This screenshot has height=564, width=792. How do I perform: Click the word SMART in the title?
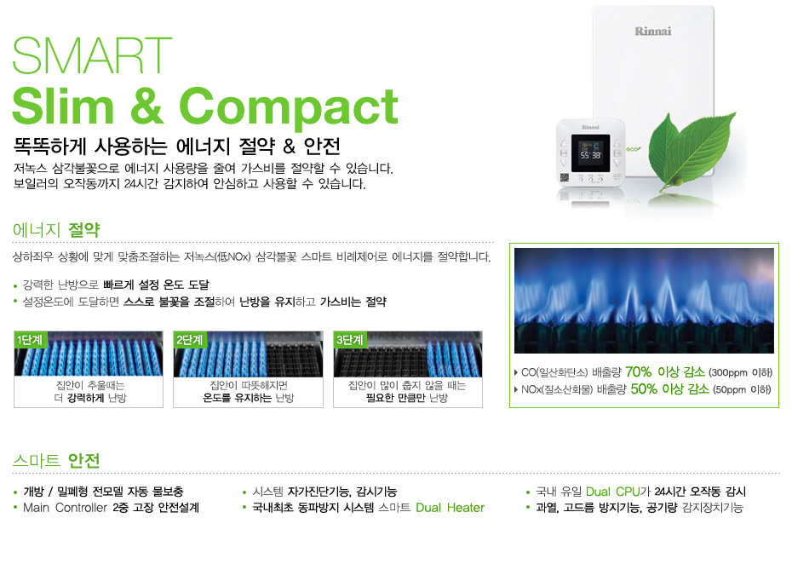pos(92,55)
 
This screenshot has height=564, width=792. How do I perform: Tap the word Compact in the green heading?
pos(289,106)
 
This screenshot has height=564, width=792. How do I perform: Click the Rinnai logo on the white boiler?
pos(652,32)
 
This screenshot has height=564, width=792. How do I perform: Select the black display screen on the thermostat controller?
pos(590,153)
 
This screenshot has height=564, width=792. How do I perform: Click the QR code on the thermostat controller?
pos(565,177)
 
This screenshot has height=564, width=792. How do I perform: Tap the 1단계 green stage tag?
pos(31,340)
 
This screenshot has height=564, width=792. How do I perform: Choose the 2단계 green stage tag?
pos(190,340)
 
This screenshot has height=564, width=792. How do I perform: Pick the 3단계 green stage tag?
pos(350,340)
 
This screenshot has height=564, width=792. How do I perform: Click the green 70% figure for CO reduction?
pos(639,372)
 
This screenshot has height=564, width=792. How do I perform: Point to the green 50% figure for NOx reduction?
pos(644,389)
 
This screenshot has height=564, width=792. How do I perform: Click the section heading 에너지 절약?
pos(56,230)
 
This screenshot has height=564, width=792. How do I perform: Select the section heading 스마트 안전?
pos(56,460)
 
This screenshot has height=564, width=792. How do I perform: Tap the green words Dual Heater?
pos(450,508)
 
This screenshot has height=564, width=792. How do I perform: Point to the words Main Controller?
pos(66,508)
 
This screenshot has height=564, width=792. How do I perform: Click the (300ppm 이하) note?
pos(741,373)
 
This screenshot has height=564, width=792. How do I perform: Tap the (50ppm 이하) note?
pos(742,389)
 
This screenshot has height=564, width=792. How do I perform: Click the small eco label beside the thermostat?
pos(634,149)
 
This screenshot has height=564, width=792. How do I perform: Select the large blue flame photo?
pos(644,301)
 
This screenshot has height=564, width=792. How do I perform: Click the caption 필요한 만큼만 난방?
pos(407,398)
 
